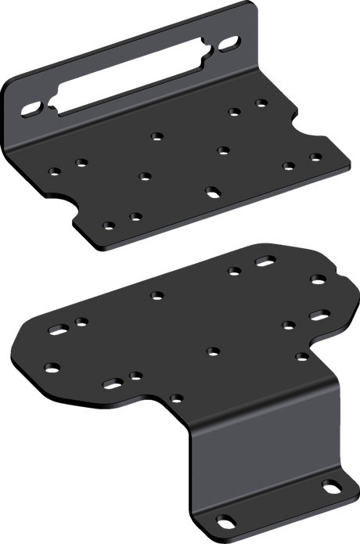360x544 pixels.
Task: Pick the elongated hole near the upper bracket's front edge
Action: [211, 190]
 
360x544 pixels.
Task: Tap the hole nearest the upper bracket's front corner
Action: [110, 225]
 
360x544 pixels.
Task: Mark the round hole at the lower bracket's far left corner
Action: [51, 366]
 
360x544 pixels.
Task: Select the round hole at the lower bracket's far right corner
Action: [316, 278]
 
